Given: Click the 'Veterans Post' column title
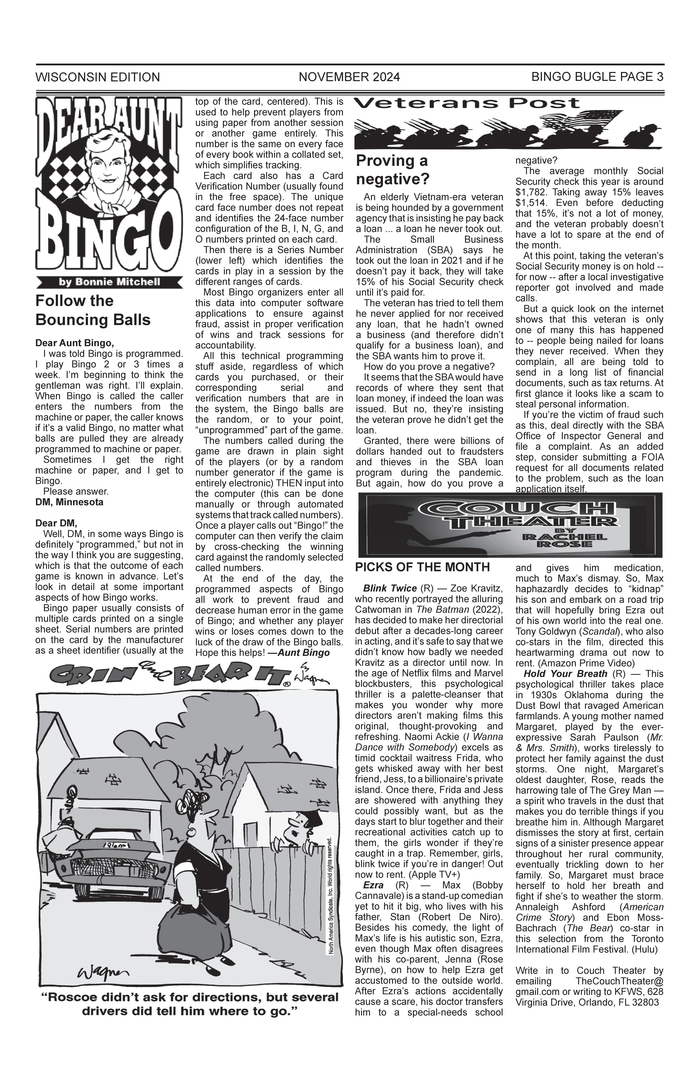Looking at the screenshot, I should pyautogui.click(x=467, y=103).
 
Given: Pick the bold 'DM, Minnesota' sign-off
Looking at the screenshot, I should pyautogui.click(x=69, y=502).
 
